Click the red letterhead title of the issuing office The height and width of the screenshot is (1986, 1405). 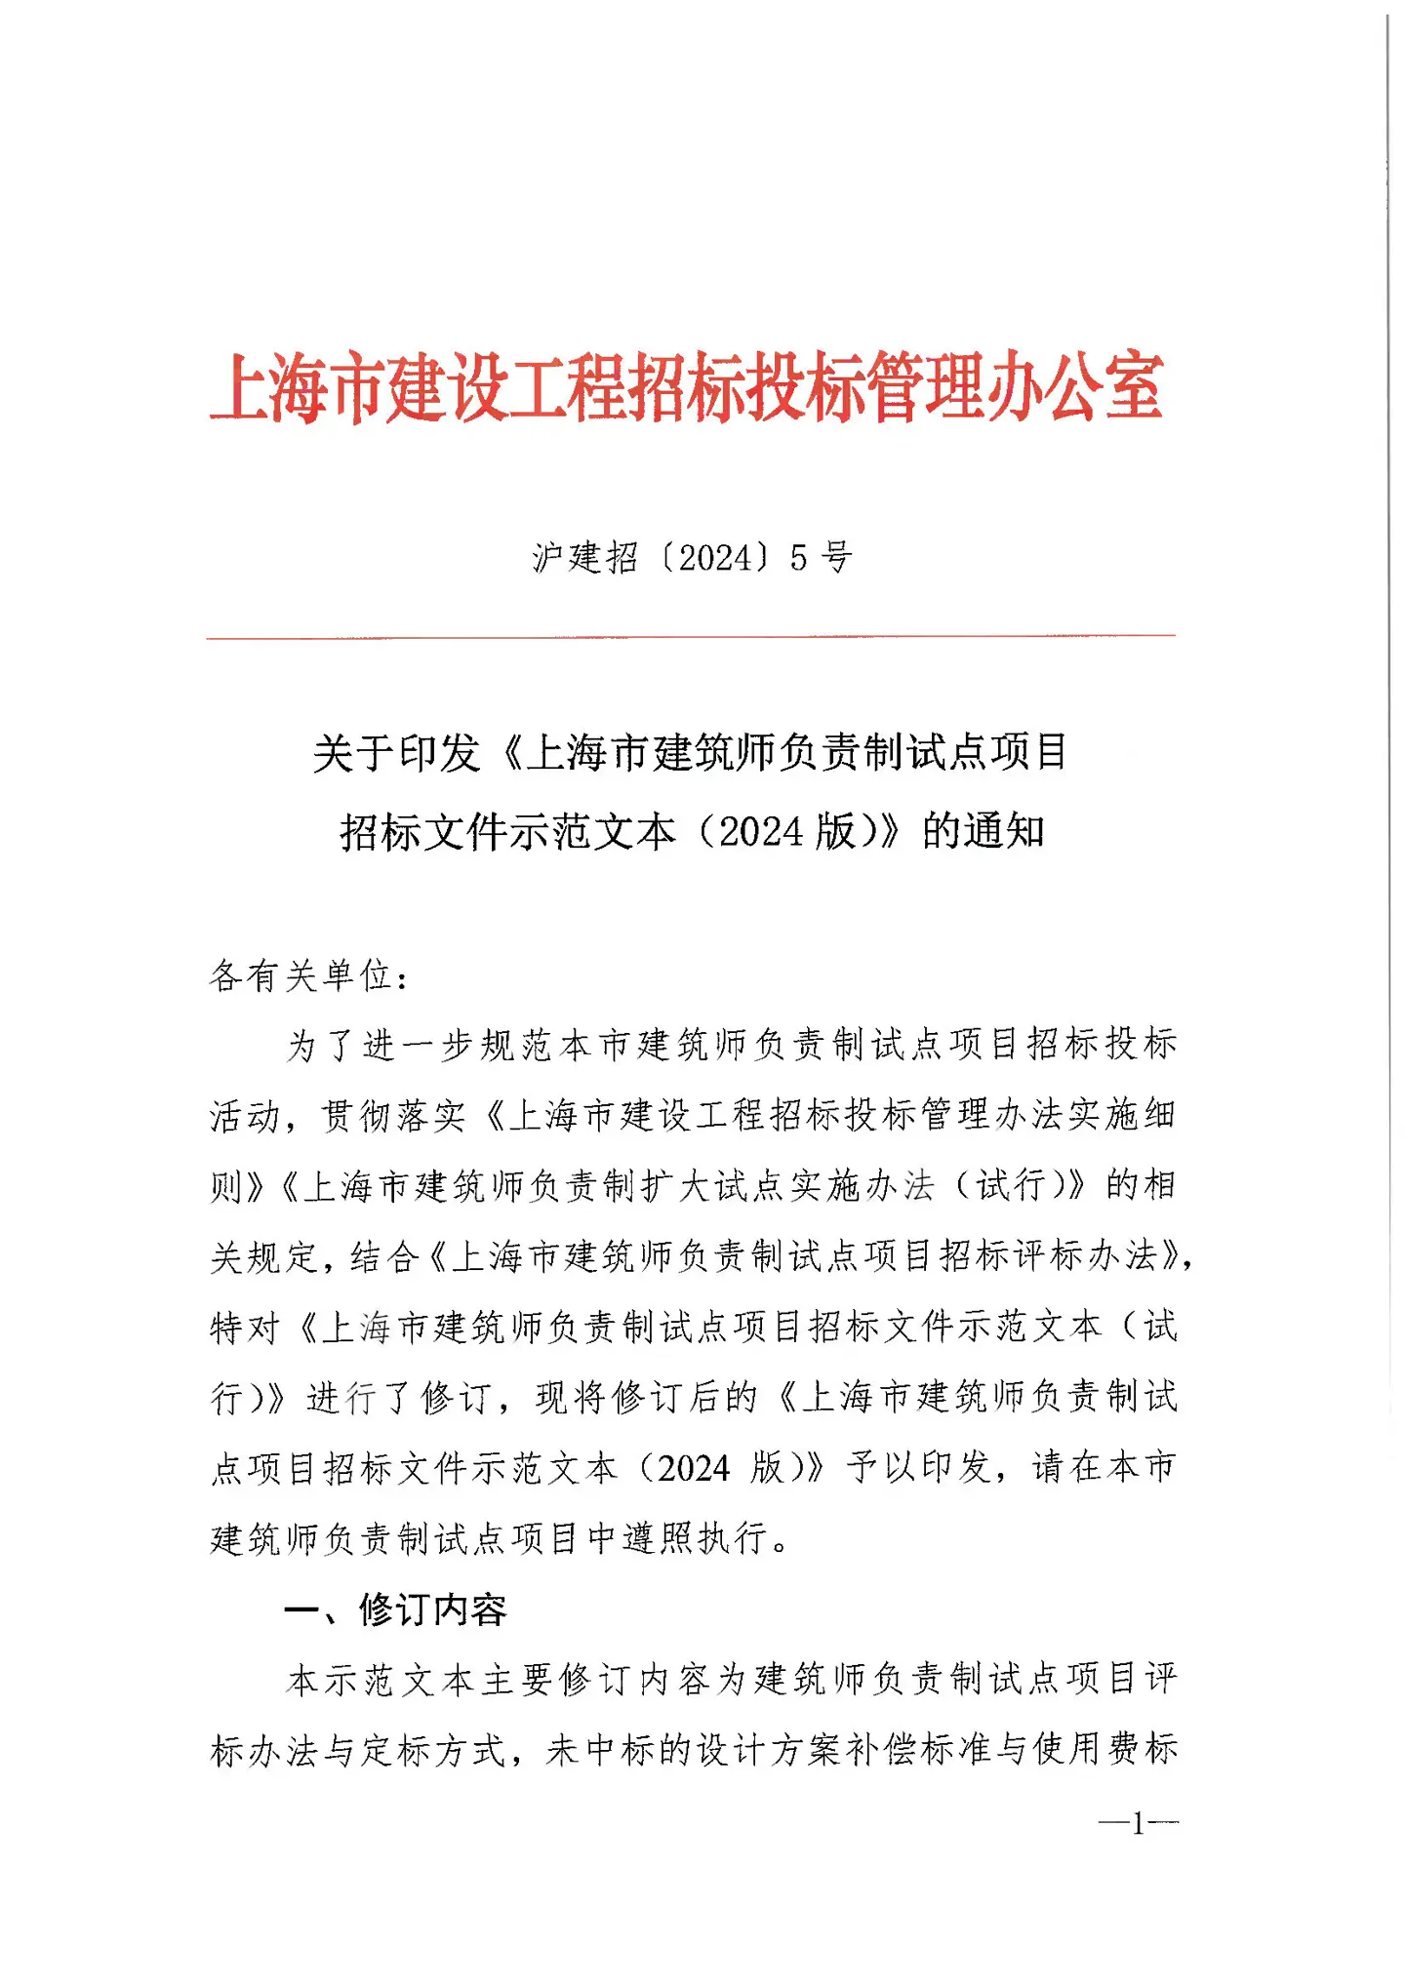pos(687,387)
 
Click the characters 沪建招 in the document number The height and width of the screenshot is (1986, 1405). pos(584,558)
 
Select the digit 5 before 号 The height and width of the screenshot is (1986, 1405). pos(799,558)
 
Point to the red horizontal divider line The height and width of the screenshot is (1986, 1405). pos(691,637)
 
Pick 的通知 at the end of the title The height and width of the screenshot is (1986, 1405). pos(983,832)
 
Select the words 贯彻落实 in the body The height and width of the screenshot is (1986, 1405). pos(394,1116)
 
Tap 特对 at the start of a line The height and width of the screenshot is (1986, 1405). pos(246,1328)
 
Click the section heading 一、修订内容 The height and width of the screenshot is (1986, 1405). pos(396,1609)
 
